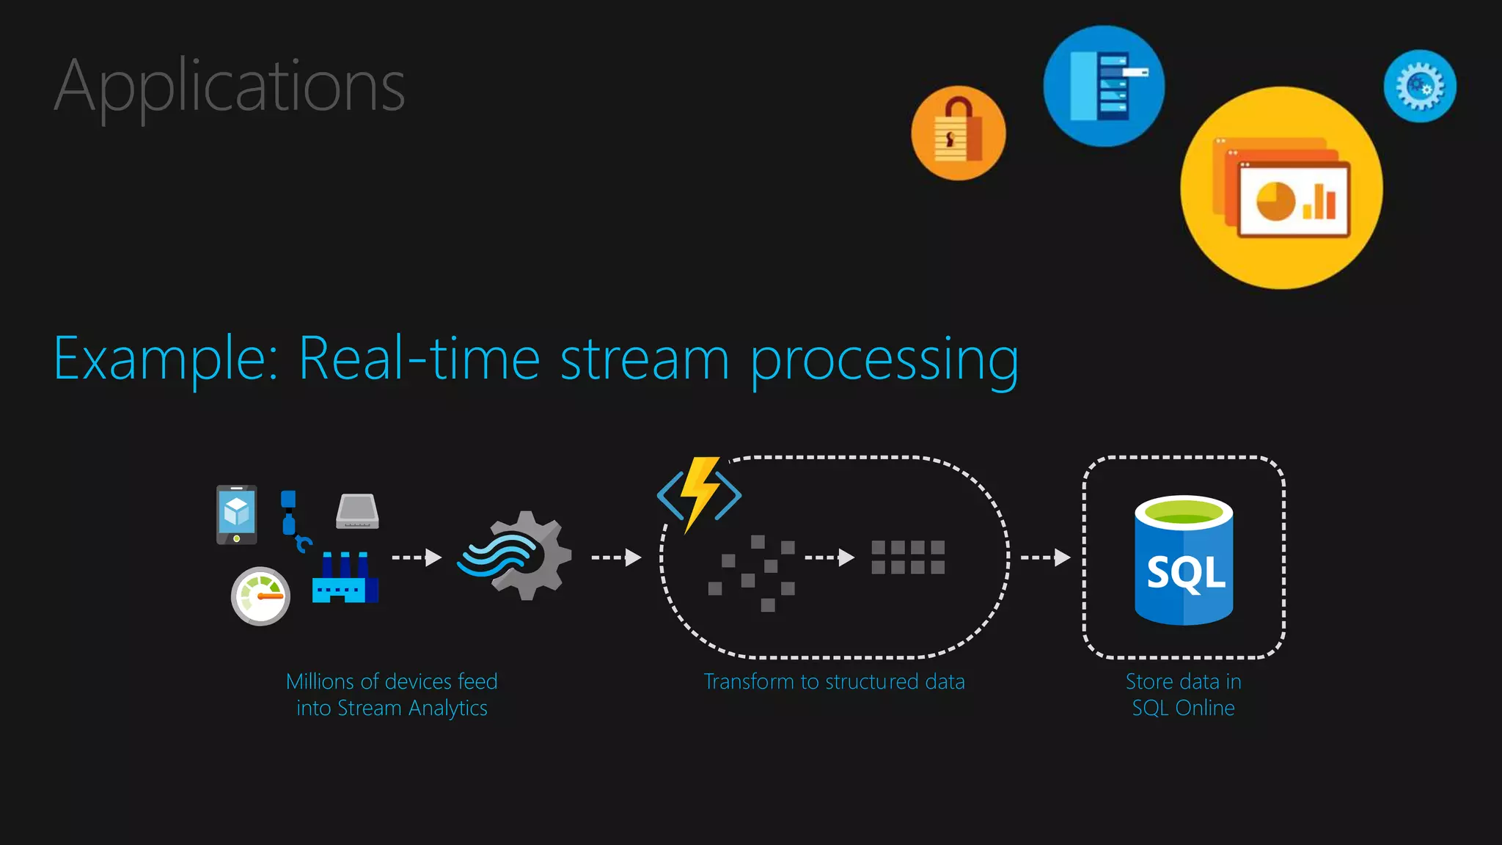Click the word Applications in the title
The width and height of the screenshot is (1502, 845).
(x=229, y=87)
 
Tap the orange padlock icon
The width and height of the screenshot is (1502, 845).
(x=958, y=133)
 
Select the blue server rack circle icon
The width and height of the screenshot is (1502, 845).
(x=1103, y=86)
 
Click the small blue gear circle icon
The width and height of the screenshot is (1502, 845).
(x=1420, y=86)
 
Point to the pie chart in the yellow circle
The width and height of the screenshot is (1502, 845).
(x=1275, y=201)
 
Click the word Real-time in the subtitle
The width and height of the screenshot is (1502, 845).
(x=419, y=359)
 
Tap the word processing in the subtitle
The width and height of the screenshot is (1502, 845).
(x=884, y=361)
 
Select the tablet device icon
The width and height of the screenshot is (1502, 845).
(x=236, y=514)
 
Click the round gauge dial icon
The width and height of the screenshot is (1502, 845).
(x=260, y=596)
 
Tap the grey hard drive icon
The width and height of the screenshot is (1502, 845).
(x=357, y=511)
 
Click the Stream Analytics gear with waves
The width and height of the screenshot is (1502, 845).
(x=516, y=555)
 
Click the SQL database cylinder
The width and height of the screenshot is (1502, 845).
(x=1183, y=560)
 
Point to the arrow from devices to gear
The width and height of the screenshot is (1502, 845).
(x=417, y=557)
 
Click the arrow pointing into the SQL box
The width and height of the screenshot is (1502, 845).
(x=1045, y=557)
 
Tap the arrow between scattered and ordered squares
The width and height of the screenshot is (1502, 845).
(x=829, y=557)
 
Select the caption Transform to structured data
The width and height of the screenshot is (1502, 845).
(x=834, y=681)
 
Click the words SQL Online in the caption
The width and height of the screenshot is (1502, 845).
(x=1183, y=708)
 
